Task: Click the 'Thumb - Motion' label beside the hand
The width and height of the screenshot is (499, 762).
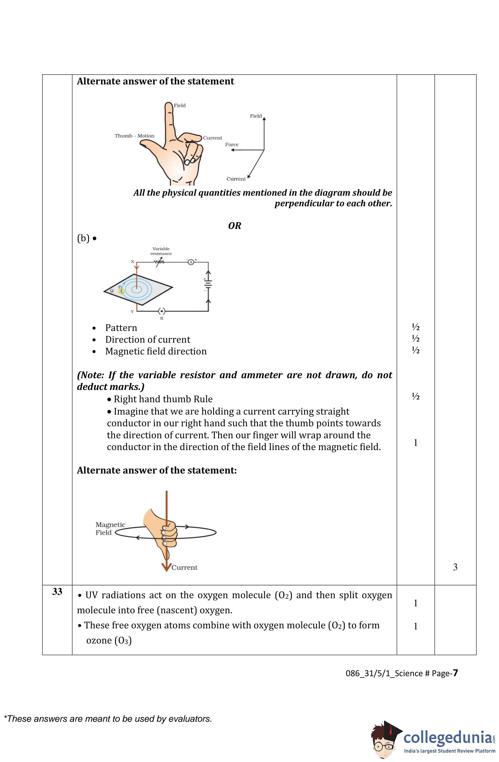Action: (x=134, y=136)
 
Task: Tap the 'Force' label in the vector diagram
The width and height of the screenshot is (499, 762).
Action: (x=232, y=145)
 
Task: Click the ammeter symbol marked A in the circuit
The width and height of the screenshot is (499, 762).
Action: (x=191, y=262)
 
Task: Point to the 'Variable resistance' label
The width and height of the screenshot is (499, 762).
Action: (x=161, y=251)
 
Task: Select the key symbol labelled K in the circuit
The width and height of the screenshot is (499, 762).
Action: (x=162, y=311)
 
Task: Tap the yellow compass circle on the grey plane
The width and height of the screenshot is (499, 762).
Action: (x=121, y=291)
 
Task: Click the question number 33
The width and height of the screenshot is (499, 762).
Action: (x=57, y=592)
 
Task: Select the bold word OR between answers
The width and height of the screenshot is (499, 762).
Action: (x=234, y=226)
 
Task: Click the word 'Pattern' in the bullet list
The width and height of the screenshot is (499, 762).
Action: (x=121, y=328)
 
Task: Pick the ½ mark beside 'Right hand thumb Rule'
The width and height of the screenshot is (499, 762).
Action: (x=415, y=397)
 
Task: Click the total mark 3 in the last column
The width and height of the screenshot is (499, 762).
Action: (x=455, y=567)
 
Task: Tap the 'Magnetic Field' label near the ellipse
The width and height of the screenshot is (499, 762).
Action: (x=110, y=529)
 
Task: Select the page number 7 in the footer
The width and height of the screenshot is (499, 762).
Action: (x=455, y=673)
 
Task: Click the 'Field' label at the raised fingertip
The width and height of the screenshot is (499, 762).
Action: (x=180, y=105)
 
